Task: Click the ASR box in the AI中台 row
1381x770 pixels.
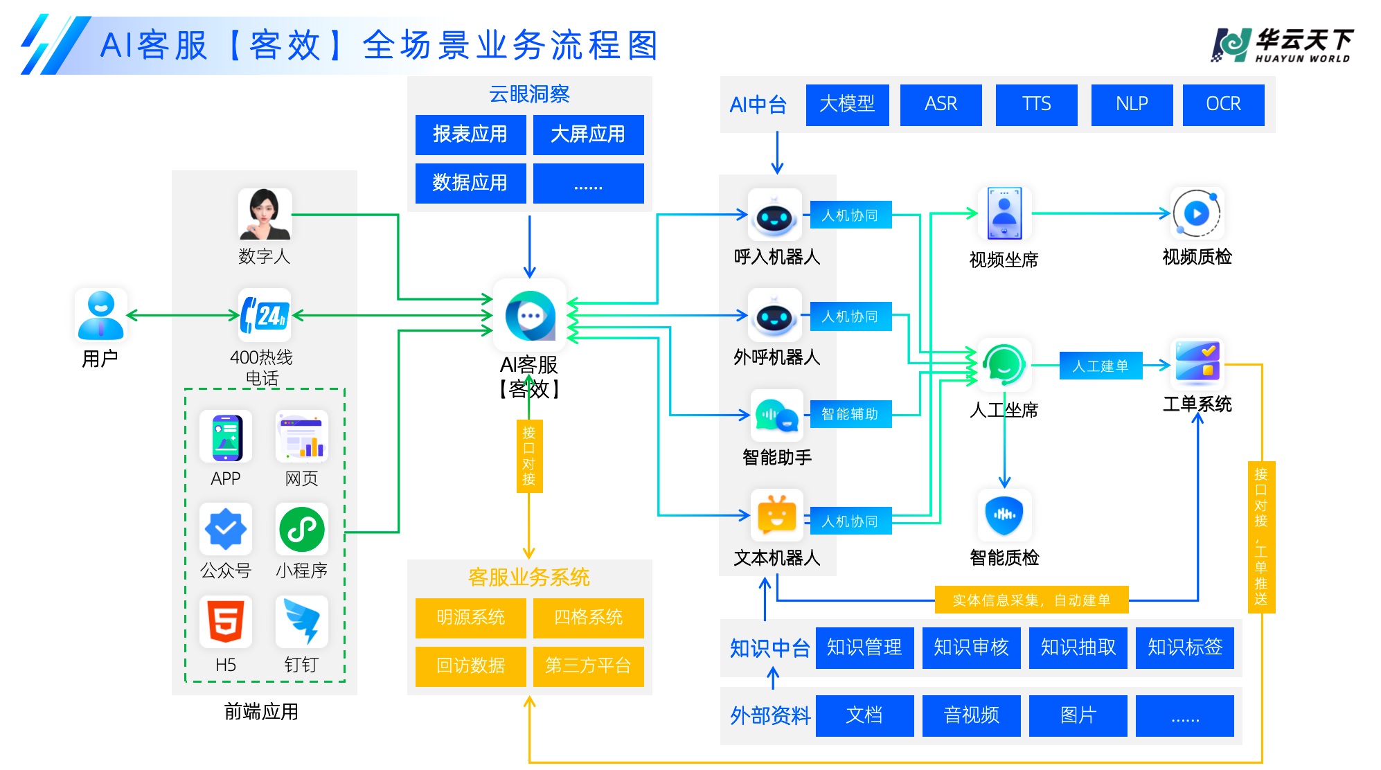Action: tap(941, 105)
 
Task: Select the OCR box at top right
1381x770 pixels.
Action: tap(1223, 105)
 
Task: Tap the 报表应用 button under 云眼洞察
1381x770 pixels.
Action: tap(470, 134)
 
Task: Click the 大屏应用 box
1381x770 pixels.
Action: tap(588, 134)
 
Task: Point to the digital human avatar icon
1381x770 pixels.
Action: tap(265, 214)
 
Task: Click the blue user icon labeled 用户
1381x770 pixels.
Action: tap(101, 315)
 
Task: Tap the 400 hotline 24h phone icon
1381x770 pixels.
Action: tap(265, 315)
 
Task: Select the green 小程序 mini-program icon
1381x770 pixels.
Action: tap(302, 530)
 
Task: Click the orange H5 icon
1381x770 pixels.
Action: tap(226, 621)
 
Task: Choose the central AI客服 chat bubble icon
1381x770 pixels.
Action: tap(530, 316)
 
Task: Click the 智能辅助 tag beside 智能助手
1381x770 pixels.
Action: tap(850, 414)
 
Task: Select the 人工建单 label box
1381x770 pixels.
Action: tap(1101, 366)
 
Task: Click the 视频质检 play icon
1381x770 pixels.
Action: tap(1197, 213)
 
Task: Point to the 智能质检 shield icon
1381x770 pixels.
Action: tap(1004, 515)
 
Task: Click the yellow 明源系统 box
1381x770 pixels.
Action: tap(470, 618)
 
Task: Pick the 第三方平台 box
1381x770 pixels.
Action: tap(588, 666)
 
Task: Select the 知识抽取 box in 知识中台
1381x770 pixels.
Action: tap(1078, 647)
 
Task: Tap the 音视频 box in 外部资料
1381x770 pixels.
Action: tap(971, 715)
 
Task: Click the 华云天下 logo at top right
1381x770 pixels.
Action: tap(1283, 46)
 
